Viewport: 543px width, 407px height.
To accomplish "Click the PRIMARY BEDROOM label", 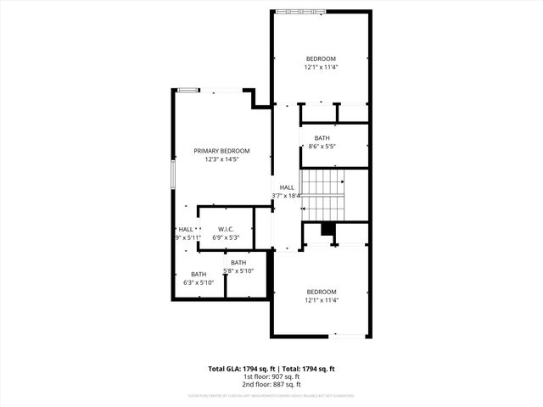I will [221, 151].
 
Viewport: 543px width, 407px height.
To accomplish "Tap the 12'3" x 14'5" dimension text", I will [221, 159].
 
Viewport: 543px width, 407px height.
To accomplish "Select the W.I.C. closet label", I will [226, 229].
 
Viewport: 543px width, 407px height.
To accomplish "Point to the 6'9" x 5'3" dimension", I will [226, 237].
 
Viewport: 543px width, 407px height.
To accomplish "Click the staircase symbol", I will [322, 194].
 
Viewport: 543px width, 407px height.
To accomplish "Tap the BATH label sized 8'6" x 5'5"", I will [322, 138].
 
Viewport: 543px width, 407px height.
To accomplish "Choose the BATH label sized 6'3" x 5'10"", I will [199, 274].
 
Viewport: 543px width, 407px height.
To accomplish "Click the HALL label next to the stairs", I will [287, 187].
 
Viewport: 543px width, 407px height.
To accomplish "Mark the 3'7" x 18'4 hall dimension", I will [287, 196].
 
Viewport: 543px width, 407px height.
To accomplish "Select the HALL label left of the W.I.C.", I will [186, 229].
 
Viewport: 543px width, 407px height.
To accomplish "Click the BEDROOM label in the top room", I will [322, 59].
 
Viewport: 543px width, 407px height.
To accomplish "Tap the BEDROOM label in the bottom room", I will [322, 292].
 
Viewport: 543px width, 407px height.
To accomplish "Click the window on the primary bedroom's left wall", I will [172, 174].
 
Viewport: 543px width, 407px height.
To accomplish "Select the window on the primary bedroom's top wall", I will [188, 88].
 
